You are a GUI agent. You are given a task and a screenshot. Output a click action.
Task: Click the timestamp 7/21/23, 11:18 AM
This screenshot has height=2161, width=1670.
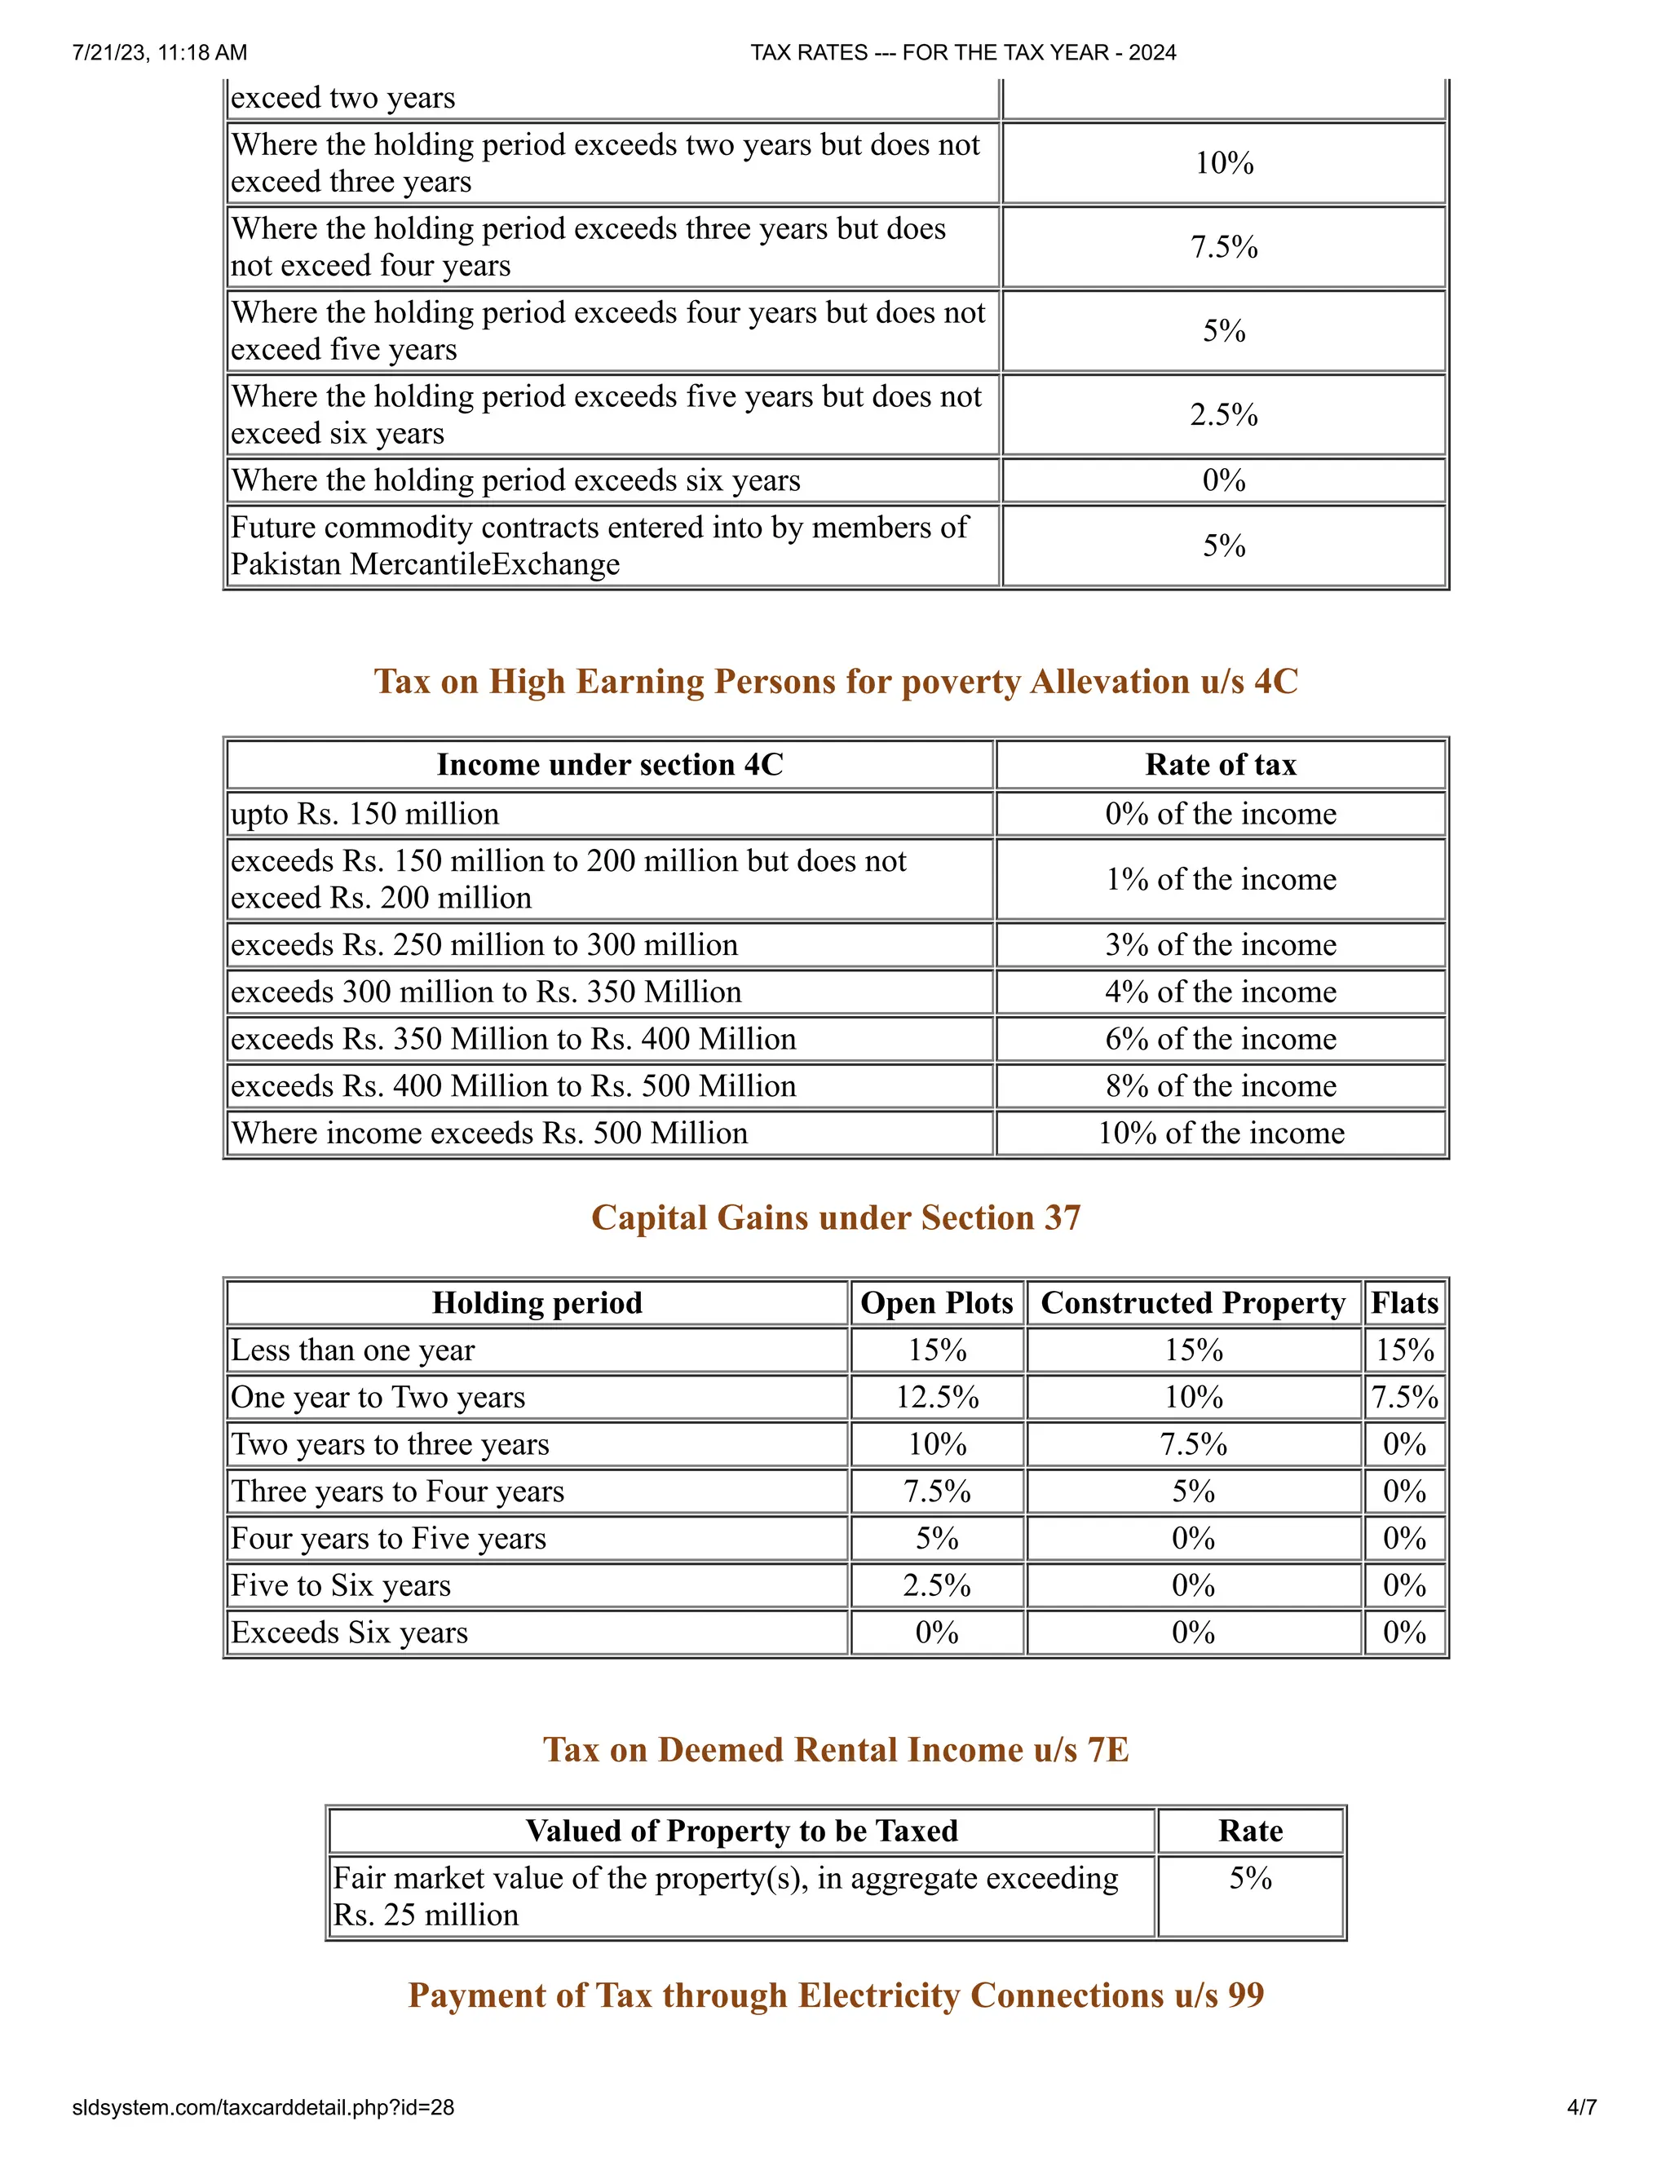click(x=159, y=52)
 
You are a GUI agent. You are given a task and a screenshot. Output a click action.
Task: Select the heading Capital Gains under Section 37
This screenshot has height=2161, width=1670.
click(x=835, y=1217)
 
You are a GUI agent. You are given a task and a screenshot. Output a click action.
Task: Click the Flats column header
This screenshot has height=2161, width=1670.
click(x=1404, y=1302)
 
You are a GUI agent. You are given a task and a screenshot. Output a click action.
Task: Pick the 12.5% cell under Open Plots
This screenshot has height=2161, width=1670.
click(x=936, y=1396)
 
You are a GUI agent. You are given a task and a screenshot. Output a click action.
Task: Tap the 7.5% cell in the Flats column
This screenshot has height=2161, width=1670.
click(x=1404, y=1396)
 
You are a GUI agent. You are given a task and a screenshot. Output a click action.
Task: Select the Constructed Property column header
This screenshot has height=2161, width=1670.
click(x=1193, y=1302)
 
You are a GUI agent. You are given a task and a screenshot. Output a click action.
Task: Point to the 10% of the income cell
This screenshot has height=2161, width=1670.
click(x=1220, y=1132)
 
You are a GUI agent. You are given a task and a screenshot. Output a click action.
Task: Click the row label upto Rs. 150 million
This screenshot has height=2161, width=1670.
click(x=365, y=813)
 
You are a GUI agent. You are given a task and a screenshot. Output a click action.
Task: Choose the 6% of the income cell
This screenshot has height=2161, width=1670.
click(x=1220, y=1038)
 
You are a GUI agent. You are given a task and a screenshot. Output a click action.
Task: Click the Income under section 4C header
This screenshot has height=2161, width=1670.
click(x=609, y=764)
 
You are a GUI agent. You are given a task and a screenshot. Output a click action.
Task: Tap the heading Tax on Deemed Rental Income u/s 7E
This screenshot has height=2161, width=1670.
click(x=835, y=1748)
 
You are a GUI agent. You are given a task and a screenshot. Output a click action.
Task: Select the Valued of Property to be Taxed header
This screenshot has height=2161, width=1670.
click(x=741, y=1830)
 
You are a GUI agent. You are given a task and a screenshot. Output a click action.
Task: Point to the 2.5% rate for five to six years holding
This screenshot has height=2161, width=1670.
click(x=1224, y=413)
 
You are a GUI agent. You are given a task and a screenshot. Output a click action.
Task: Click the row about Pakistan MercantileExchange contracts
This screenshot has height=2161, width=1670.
click(x=599, y=546)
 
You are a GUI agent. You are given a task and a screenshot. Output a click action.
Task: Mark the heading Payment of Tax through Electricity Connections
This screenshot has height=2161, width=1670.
click(x=835, y=1994)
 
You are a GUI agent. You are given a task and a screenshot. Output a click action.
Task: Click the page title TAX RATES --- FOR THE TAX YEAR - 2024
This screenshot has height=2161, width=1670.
click(x=963, y=52)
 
